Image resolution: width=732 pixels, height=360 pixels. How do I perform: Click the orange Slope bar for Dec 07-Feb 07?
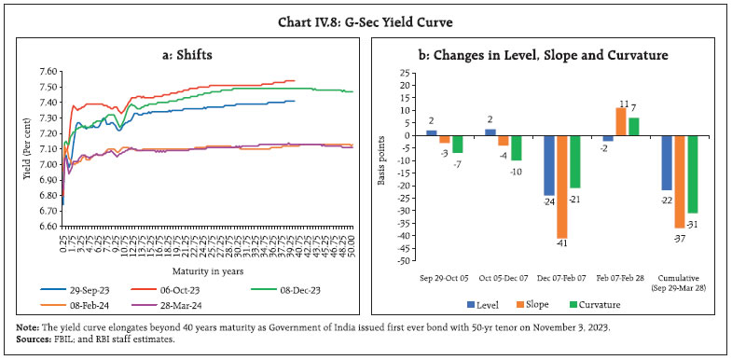(562, 187)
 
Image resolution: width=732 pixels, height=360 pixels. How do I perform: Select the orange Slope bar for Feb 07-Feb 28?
(619, 121)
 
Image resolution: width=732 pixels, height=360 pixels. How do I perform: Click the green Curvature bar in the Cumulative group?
(692, 173)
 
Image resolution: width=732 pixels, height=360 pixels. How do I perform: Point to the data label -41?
(562, 245)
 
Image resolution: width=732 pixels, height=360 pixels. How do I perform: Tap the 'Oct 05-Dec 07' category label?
(503, 279)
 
